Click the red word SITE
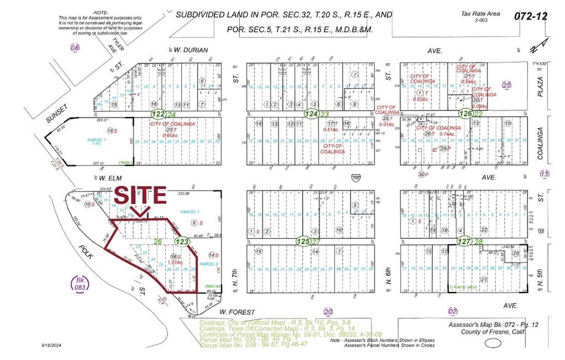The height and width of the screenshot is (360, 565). coord(141,195)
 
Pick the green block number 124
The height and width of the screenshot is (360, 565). coord(312,114)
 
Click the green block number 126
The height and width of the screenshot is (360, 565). coord(466,114)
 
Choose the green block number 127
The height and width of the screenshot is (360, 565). coord(463,242)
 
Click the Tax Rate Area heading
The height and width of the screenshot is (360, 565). coord(482,14)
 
